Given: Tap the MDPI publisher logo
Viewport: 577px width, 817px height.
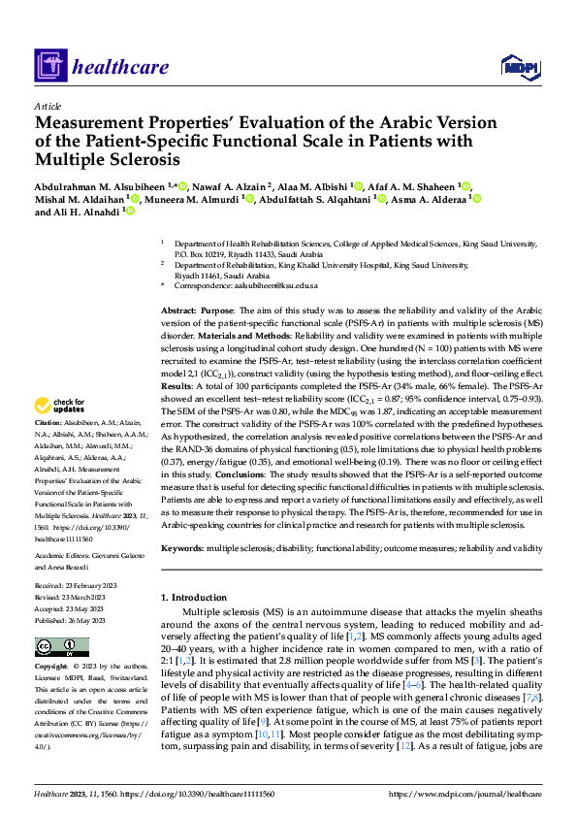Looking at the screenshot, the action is point(520,66).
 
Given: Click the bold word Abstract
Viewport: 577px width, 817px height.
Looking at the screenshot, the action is point(179,308).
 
